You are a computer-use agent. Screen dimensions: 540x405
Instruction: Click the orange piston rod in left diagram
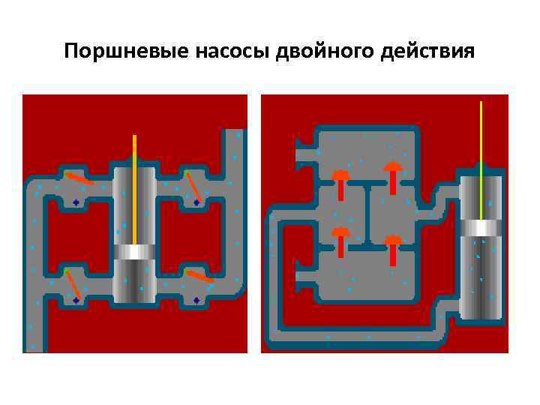pyautogui.click(x=135, y=187)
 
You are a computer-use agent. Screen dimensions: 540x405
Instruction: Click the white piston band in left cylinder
pyautogui.click(x=134, y=251)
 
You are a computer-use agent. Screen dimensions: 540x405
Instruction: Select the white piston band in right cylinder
pyautogui.click(x=481, y=228)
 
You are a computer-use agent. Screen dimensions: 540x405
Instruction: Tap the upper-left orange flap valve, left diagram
pyautogui.click(x=78, y=178)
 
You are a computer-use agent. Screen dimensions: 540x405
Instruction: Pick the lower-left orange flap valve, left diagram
pyautogui.click(x=72, y=283)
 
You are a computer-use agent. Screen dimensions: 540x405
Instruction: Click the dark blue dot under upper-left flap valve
pyautogui.click(x=76, y=202)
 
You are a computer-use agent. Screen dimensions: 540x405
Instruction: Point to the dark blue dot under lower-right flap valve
pyautogui.click(x=196, y=300)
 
